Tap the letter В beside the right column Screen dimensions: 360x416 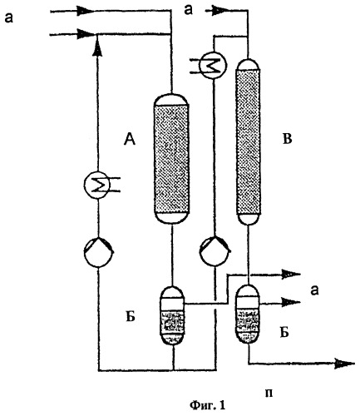click(x=288, y=139)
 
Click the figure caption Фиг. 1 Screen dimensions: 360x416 click(x=207, y=405)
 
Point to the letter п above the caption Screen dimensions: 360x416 click(x=269, y=394)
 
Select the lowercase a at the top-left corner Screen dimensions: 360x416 click(x=8, y=18)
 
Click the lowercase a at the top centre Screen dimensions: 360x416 click(x=189, y=10)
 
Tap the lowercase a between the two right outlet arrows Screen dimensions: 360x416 click(x=314, y=290)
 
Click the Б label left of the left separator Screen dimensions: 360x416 click(x=131, y=317)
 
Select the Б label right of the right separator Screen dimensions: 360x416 click(x=284, y=332)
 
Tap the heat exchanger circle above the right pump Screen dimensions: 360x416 click(x=214, y=65)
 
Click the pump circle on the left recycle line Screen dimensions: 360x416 click(x=99, y=252)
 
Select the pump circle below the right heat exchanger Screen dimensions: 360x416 click(x=215, y=251)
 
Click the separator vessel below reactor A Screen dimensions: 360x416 click(x=173, y=315)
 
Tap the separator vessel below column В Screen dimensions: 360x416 click(x=249, y=314)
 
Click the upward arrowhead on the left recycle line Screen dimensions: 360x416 click(x=96, y=48)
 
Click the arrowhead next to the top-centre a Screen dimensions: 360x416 click(x=220, y=11)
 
